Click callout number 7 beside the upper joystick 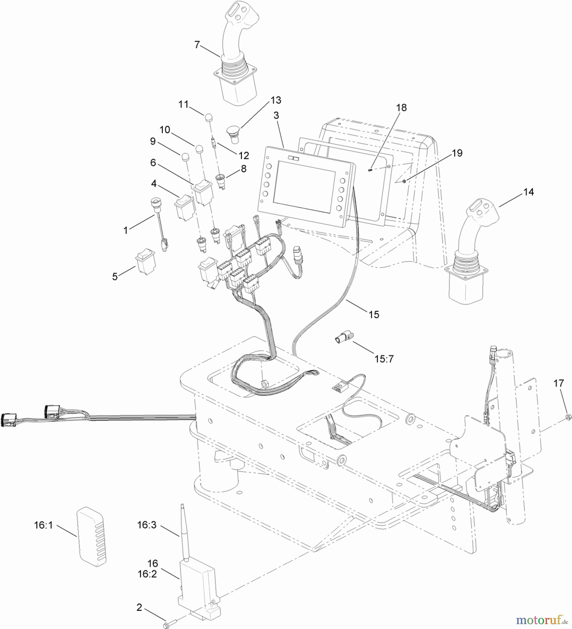[197, 45]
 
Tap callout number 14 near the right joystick [528, 192]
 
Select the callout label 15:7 [384, 359]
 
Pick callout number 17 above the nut [558, 383]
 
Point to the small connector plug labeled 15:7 [343, 338]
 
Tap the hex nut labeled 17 [568, 417]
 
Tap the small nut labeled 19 [404, 181]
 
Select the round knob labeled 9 [185, 156]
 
